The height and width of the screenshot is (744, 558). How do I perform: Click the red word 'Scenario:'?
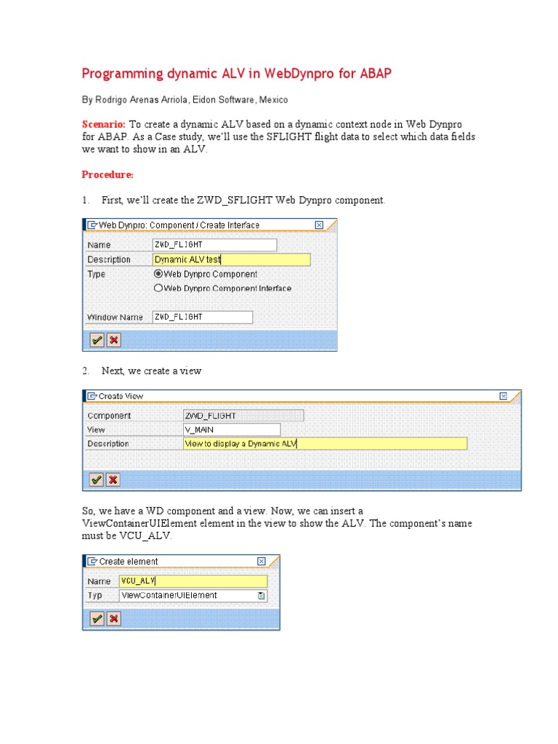104,124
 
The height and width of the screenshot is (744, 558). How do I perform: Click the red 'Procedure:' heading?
108,175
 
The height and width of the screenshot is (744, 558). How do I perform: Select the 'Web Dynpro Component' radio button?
158,274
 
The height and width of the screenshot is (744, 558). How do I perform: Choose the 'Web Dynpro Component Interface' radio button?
158,288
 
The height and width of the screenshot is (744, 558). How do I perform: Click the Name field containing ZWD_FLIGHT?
214,245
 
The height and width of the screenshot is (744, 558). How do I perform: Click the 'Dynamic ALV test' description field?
231,259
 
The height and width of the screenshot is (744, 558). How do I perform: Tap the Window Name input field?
202,317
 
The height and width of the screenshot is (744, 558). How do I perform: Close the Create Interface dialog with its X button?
319,225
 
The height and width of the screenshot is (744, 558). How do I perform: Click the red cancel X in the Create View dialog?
113,480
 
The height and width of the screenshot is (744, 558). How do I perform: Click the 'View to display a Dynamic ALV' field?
325,444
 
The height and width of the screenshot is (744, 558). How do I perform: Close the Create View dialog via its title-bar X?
504,396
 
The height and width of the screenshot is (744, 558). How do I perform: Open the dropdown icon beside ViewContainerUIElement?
262,596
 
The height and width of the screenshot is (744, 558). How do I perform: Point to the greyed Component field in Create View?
243,416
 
